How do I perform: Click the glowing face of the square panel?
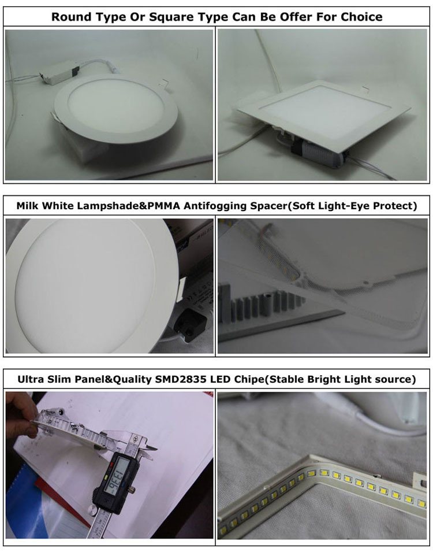pyautogui.click(x=324, y=110)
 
